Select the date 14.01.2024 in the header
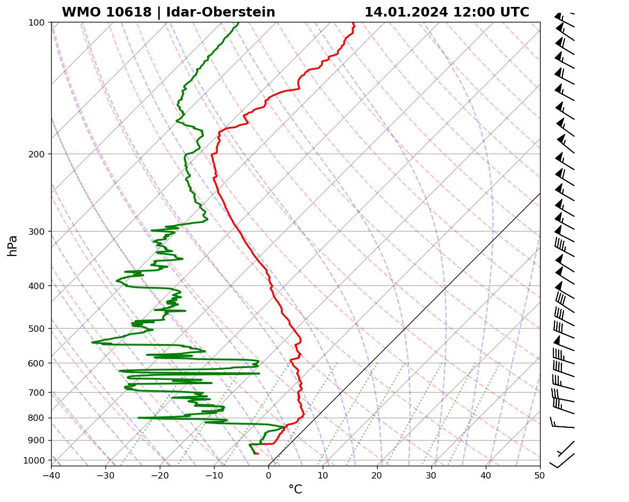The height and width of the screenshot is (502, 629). pyautogui.click(x=406, y=12)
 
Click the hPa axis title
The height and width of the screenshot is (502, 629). pyautogui.click(x=12, y=246)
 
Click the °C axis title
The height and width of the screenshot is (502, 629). pyautogui.click(x=295, y=489)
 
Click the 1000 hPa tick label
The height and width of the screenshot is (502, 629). pyautogui.click(x=37, y=460)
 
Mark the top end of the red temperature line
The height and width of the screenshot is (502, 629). pyautogui.click(x=354, y=23)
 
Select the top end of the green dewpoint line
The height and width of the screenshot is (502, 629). pyautogui.click(x=239, y=23)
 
